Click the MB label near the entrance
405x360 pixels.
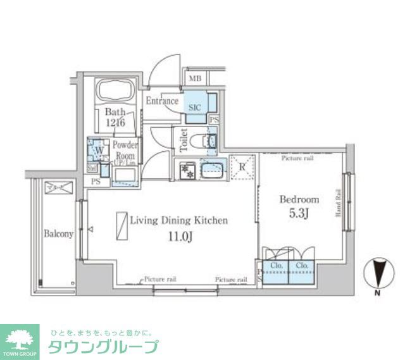194,79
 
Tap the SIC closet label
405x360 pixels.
195,107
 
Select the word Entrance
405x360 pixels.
162,101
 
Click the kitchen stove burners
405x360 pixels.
187,170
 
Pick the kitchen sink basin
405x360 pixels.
213,170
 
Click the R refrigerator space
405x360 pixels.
241,168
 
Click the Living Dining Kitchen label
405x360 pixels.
178,221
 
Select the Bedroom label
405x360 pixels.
299,199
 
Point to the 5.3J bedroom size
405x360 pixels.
299,213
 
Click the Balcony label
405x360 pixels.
59,233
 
